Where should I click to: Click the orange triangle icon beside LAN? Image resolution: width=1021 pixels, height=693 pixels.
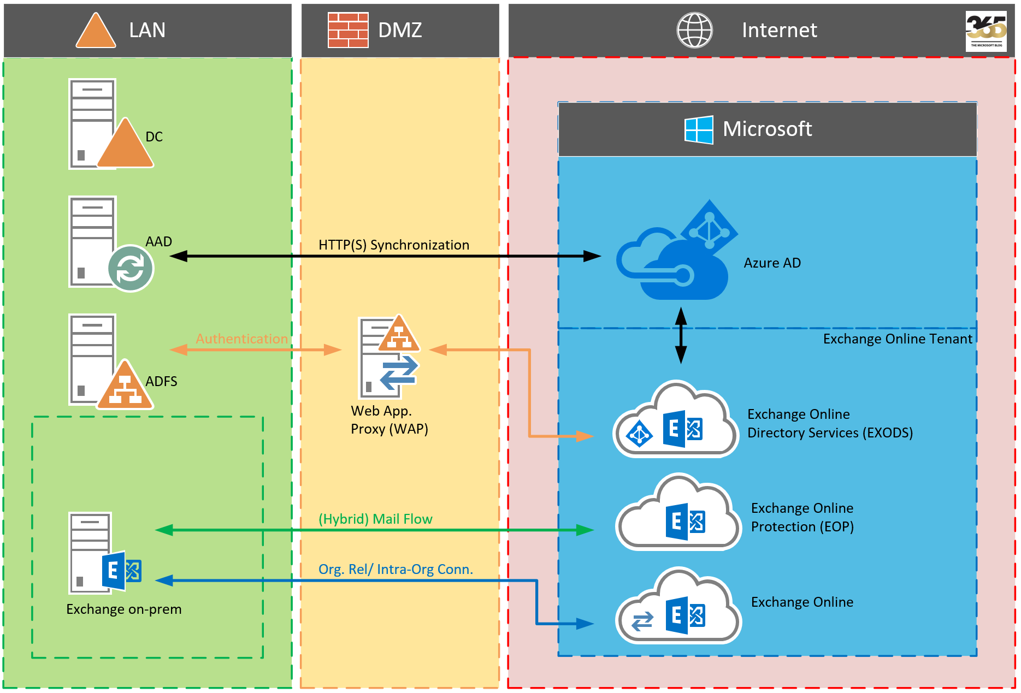tap(96, 32)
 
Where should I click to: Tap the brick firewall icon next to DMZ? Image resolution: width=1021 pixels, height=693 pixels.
tap(348, 30)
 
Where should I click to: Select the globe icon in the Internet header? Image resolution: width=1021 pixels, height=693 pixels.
tap(694, 30)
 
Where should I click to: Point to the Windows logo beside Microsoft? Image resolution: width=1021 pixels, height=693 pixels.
tap(699, 130)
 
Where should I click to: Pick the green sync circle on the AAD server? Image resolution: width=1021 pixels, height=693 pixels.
tap(131, 268)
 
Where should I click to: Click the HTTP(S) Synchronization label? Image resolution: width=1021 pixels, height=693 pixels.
tap(393, 245)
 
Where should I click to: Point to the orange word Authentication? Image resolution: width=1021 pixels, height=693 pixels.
tap(241, 339)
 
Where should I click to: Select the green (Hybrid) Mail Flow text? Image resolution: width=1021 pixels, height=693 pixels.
tap(375, 519)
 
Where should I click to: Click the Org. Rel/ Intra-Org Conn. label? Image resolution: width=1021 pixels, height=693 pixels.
tap(396, 570)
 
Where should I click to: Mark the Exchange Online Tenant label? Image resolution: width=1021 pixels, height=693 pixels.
tap(897, 339)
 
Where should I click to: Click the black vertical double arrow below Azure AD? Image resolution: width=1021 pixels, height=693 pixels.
tap(681, 336)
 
